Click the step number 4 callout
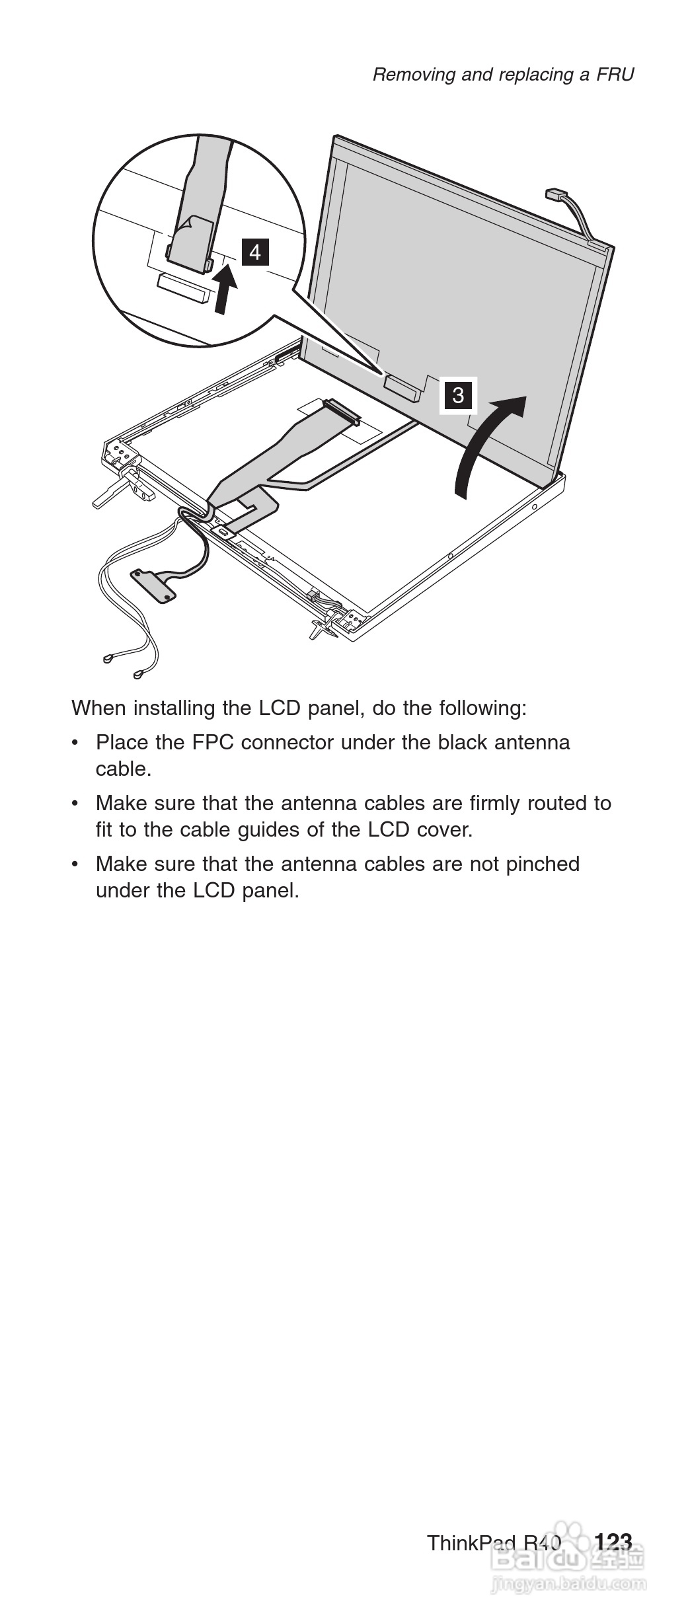(255, 252)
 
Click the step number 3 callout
(458, 395)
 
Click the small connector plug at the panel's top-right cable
(555, 196)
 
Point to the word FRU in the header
(615, 75)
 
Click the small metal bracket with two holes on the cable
(155, 585)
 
